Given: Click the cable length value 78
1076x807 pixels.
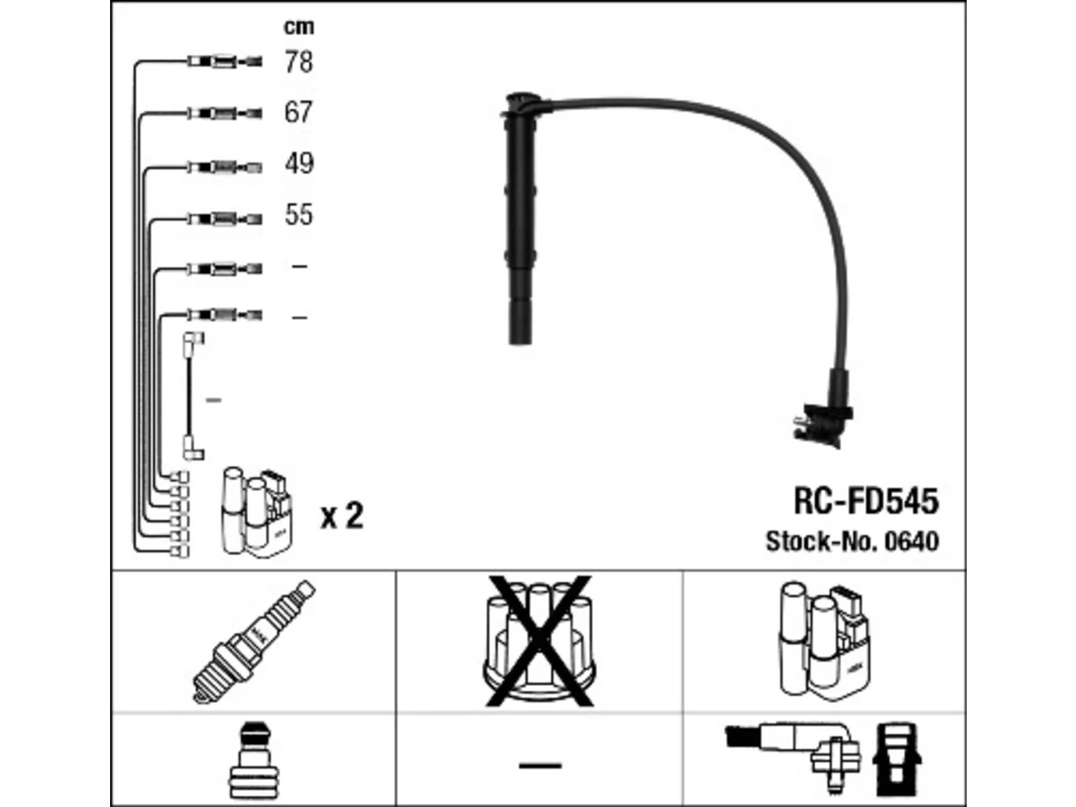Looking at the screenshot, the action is click(x=298, y=62).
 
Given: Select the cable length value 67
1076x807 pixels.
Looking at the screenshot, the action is click(x=298, y=112).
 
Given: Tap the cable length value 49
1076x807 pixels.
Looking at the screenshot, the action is click(x=299, y=163).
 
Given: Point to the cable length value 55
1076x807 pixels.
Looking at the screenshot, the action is click(x=298, y=214).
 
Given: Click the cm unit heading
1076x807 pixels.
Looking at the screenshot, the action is click(x=299, y=27).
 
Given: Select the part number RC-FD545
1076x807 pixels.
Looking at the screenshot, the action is click(x=866, y=501).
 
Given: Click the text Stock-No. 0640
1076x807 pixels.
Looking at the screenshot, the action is click(x=852, y=541).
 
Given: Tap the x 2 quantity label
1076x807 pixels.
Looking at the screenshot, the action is click(x=341, y=515).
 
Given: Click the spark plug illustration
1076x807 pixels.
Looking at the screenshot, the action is click(x=254, y=641).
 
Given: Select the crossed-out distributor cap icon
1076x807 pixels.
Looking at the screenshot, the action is click(x=539, y=641).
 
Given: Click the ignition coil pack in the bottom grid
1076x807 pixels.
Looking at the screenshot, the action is click(x=825, y=641).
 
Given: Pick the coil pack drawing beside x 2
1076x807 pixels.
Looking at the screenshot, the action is click(x=257, y=512).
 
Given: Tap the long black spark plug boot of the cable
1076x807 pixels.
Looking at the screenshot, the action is click(x=520, y=219).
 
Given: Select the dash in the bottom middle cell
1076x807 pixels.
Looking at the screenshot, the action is click(x=541, y=765).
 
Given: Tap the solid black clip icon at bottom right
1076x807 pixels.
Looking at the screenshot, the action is click(x=897, y=759).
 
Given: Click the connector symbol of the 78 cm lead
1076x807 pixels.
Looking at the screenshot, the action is click(x=224, y=61).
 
